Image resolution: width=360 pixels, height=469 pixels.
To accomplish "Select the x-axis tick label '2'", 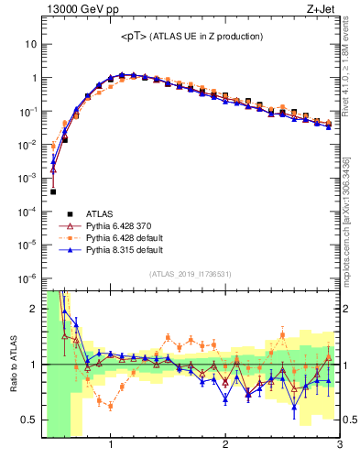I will point(225,446).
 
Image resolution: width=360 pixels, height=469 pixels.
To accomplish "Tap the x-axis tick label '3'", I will point(339,446).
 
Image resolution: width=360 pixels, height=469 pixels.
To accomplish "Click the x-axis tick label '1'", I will point(111,446).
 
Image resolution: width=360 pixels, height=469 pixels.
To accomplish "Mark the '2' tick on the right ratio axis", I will point(346,309).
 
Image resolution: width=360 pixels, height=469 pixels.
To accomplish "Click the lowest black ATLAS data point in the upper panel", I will point(53,191).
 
